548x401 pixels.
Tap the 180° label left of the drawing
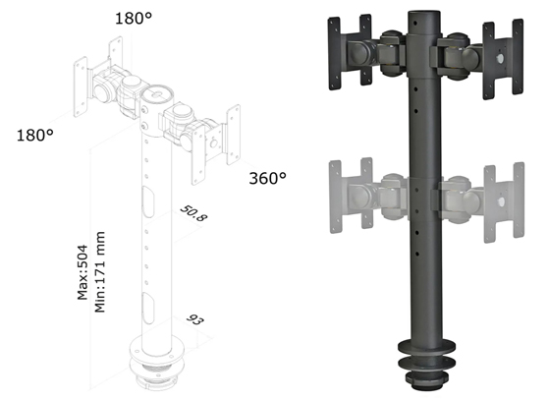pos(35,135)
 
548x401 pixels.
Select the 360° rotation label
pos(266,179)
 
